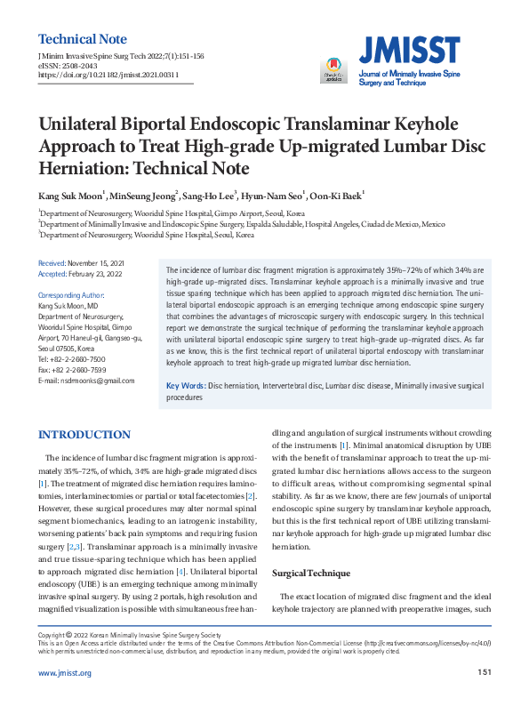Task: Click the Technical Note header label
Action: point(83,39)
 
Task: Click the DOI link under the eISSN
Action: point(108,76)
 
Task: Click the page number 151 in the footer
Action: point(484,672)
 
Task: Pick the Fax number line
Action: point(72,370)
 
